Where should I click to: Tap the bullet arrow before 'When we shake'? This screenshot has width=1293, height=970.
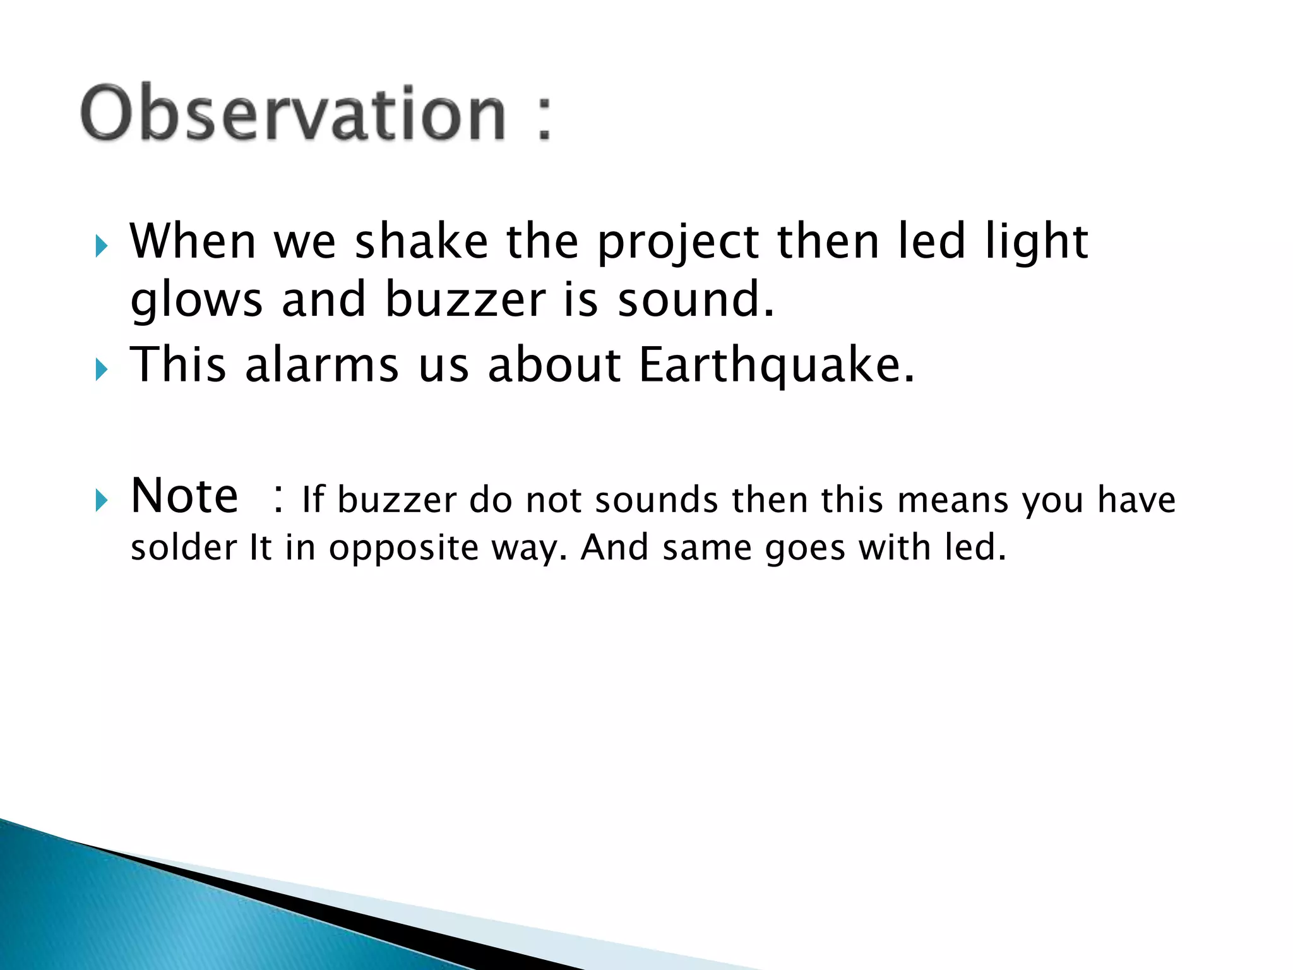(102, 246)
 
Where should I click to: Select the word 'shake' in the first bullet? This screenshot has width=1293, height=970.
(421, 242)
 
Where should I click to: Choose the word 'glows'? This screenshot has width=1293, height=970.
(196, 301)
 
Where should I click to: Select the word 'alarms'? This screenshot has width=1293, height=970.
(322, 365)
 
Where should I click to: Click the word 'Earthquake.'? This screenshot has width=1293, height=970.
(776, 366)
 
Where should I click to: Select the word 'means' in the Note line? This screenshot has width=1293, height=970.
(952, 501)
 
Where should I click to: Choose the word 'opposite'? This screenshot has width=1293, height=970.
(403, 549)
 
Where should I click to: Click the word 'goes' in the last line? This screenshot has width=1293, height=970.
(804, 549)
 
